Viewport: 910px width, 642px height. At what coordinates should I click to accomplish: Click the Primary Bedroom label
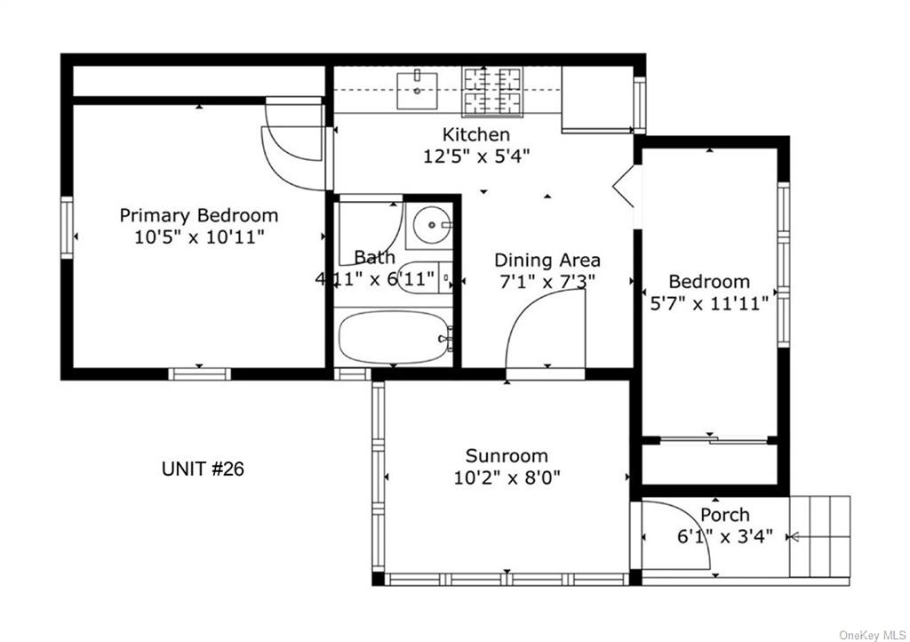[x=199, y=215]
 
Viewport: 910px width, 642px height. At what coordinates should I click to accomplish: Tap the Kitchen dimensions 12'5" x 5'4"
[x=476, y=156]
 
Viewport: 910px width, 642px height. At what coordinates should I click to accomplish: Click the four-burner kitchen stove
[x=492, y=91]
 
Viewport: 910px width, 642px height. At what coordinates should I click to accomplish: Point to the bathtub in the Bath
[x=394, y=337]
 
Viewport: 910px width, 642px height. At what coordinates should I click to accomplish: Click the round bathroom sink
[x=429, y=225]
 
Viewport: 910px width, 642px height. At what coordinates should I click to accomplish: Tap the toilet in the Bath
[x=426, y=277]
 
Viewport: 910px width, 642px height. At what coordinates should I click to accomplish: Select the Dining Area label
[x=547, y=260]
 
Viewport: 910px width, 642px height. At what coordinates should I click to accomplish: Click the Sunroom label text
[x=507, y=455]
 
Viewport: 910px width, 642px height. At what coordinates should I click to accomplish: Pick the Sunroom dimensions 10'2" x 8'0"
[x=507, y=477]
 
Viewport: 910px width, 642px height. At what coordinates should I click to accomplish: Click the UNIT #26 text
[x=203, y=469]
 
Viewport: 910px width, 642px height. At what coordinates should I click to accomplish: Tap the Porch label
[x=725, y=515]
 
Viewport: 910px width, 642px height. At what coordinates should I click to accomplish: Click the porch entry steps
[x=819, y=537]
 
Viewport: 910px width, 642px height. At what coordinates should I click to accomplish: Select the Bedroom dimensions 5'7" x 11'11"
[x=709, y=303]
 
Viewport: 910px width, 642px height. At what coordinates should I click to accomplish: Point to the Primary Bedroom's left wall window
[x=67, y=228]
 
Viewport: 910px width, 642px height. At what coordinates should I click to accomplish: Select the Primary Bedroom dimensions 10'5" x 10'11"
[x=199, y=237]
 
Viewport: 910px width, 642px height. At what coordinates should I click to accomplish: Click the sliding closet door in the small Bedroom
[x=714, y=440]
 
